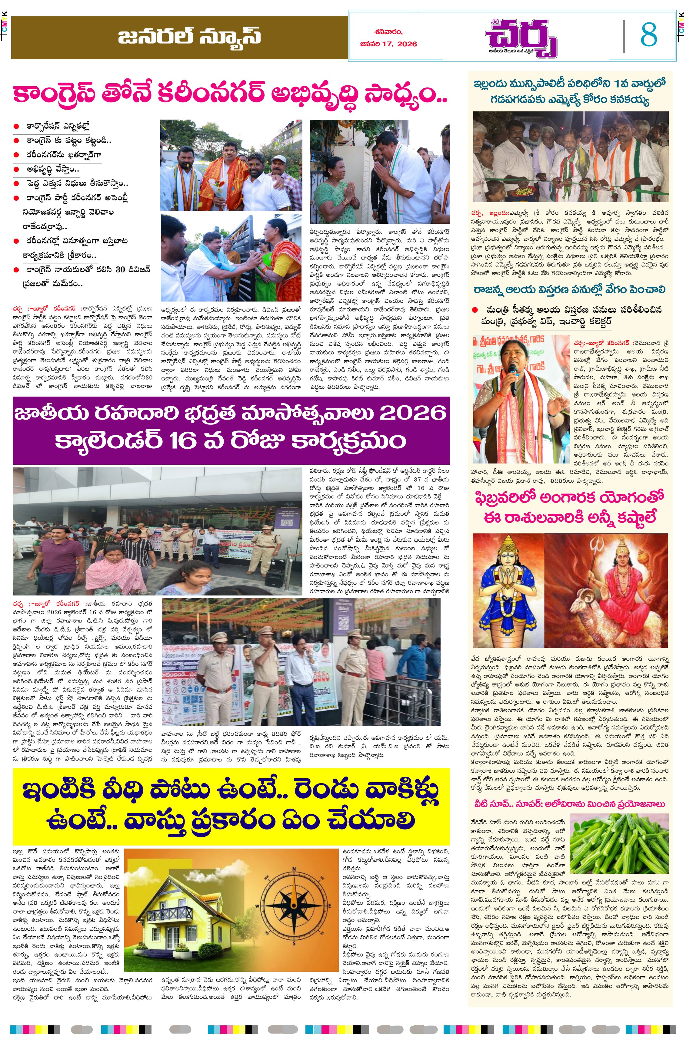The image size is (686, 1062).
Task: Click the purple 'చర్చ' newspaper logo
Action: (521, 38)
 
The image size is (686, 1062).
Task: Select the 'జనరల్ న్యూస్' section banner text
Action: (189, 37)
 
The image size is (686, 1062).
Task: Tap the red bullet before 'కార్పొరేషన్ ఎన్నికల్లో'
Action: (16, 127)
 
